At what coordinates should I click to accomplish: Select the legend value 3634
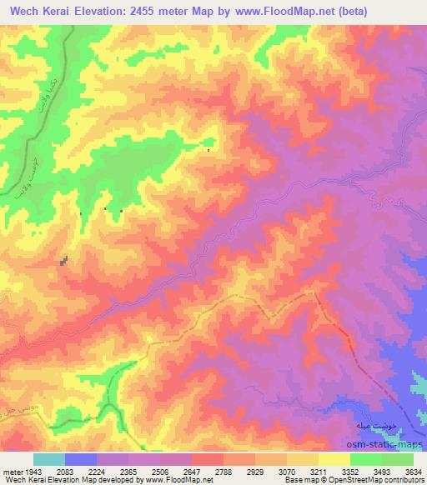[x=410, y=472]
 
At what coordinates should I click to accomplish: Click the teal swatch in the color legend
[x=49, y=459]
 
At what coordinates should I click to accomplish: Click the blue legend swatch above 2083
[x=81, y=459]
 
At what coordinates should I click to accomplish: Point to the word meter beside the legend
[x=11, y=472]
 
